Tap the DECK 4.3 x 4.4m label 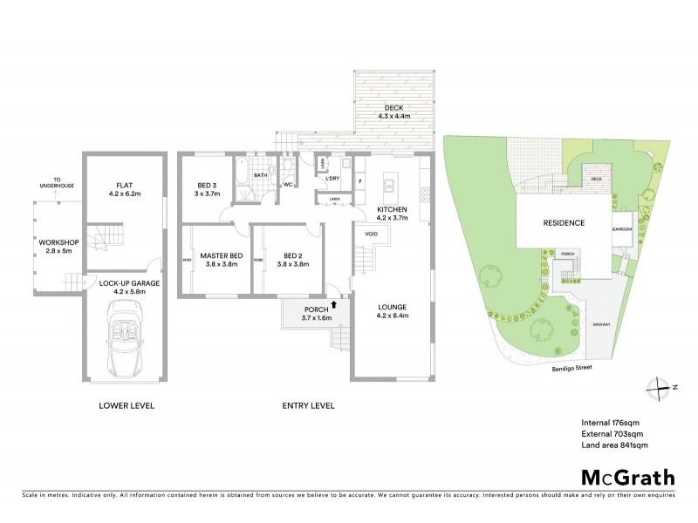click(x=394, y=112)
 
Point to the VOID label click(x=371, y=234)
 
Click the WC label click(x=287, y=185)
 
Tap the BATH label click(x=259, y=175)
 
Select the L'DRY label click(x=332, y=179)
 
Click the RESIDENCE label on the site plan click(x=564, y=223)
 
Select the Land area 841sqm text click(x=614, y=445)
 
